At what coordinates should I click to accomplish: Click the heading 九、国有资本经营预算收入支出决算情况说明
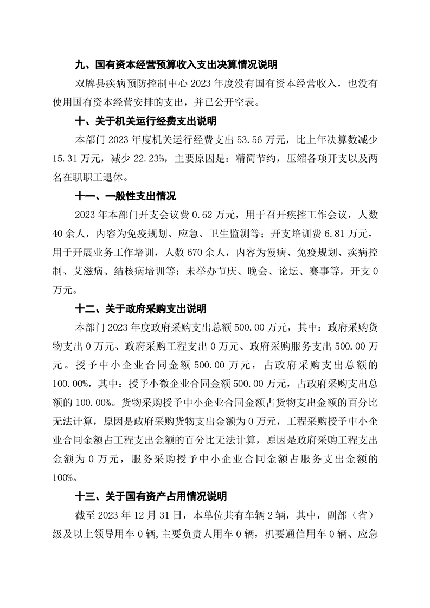click(176, 64)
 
